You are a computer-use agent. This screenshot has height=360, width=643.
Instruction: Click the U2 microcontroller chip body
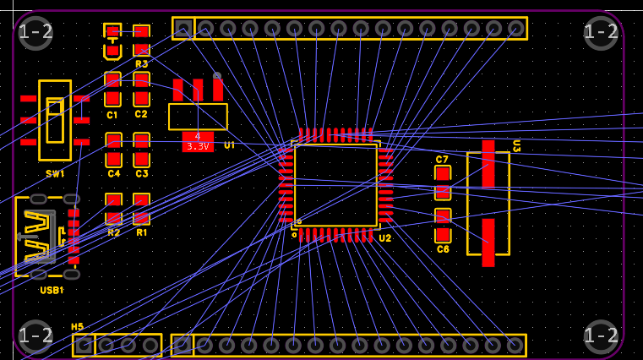pyautogui.click(x=335, y=185)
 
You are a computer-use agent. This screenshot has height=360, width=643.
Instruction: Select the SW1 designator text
pyautogui.click(x=55, y=173)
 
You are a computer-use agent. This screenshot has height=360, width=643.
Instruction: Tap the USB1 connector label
pyautogui.click(x=52, y=290)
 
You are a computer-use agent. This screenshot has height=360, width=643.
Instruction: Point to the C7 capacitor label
pyautogui.click(x=442, y=159)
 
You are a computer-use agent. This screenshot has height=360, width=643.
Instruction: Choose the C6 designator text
pyautogui.click(x=443, y=249)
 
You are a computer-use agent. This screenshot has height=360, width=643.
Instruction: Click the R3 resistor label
pyautogui.click(x=141, y=63)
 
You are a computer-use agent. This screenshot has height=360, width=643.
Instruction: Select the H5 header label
pyautogui.click(x=77, y=327)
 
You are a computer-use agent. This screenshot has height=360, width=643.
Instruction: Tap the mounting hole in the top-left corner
pyautogui.click(x=35, y=33)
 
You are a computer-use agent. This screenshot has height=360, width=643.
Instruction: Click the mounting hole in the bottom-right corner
pyautogui.click(x=601, y=336)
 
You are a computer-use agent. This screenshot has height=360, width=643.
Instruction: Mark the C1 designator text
pyautogui.click(x=112, y=114)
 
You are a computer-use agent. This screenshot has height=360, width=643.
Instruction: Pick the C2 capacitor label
pyautogui.click(x=141, y=114)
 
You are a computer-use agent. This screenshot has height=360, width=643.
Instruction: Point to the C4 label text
pyautogui.click(x=113, y=173)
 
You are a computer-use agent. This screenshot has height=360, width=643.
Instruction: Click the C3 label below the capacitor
pyautogui.click(x=141, y=173)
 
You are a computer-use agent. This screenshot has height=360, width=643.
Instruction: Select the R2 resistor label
pyautogui.click(x=113, y=232)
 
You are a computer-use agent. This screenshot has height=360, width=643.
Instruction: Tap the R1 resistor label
pyautogui.click(x=141, y=232)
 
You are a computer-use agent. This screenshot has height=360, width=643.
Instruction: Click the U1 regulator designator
pyautogui.click(x=229, y=145)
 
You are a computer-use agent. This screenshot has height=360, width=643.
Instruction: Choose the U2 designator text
pyautogui.click(x=384, y=238)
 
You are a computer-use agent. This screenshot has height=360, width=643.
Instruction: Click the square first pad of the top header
pyautogui.click(x=183, y=29)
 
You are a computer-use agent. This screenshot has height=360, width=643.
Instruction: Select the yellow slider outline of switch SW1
pyautogui.click(x=55, y=120)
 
